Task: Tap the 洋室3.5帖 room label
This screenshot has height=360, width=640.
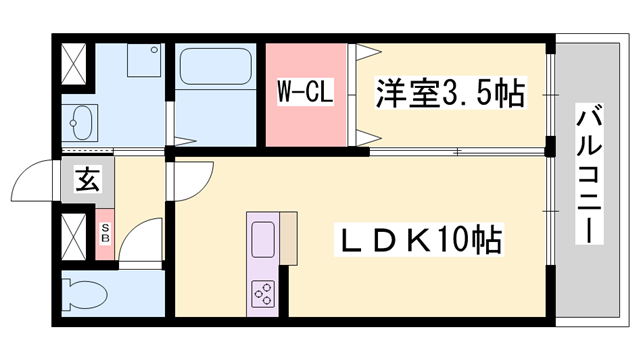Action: pyautogui.click(x=450, y=95)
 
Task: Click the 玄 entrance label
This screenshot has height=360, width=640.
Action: pyautogui.click(x=87, y=182)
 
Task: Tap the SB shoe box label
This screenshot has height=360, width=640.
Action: pyautogui.click(x=105, y=235)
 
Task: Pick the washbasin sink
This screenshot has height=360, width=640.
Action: pyautogui.click(x=80, y=124)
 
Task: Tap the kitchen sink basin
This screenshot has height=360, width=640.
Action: pyautogui.click(x=263, y=240)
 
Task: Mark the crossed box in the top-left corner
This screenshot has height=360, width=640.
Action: pyautogui.click(x=75, y=65)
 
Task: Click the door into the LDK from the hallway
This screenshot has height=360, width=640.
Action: pyautogui.click(x=190, y=180)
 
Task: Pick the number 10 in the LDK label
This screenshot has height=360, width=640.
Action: pyautogui.click(x=449, y=239)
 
